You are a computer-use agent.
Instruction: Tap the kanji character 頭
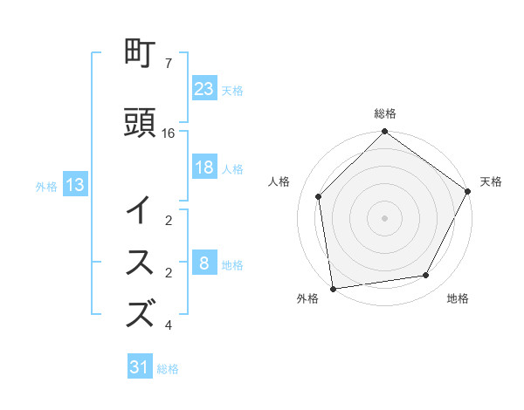[141, 124]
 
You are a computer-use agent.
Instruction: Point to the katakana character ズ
[141, 312]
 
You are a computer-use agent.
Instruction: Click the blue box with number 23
[204, 88]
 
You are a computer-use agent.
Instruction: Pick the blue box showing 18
[204, 168]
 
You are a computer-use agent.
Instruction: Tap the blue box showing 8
[204, 264]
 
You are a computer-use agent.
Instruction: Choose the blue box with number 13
[74, 185]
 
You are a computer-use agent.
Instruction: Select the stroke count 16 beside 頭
[169, 133]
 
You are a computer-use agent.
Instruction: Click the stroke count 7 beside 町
[168, 64]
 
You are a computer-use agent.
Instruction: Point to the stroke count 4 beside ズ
[168, 325]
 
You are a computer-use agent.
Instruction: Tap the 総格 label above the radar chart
[385, 114]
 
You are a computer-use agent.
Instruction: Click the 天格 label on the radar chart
[491, 181]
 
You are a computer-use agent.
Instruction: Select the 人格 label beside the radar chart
[279, 181]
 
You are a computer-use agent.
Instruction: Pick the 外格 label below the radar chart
[307, 299]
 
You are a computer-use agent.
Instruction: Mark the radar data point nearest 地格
[426, 275]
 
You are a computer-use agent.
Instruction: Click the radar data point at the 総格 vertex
[384, 133]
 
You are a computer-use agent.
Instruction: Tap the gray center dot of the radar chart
[384, 217]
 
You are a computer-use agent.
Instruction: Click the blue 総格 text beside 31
[168, 369]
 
